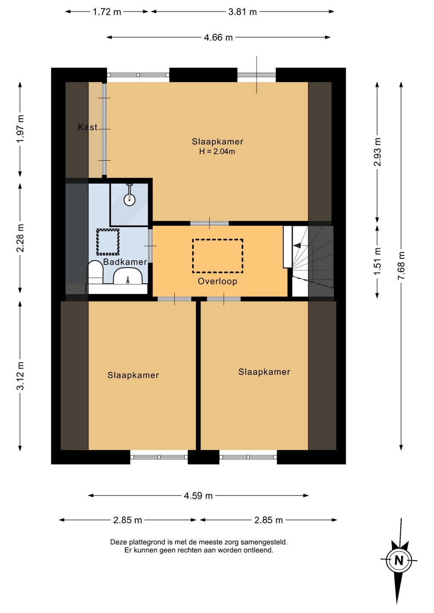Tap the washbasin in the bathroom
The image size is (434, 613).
click(127, 276)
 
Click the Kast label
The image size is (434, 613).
click(87, 127)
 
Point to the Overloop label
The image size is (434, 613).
click(217, 281)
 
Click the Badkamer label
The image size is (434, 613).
click(125, 262)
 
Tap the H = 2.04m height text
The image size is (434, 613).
click(217, 152)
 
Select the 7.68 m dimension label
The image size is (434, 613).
click(402, 266)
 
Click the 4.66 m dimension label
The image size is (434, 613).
click(218, 37)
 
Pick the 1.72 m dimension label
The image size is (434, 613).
click(107, 12)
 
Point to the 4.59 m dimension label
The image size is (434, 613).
click(198, 496)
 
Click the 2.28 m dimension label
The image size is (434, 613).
click(20, 238)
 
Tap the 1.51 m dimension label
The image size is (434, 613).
click(377, 261)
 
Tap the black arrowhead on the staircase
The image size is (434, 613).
click(297, 246)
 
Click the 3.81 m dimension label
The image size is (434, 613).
click(243, 12)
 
